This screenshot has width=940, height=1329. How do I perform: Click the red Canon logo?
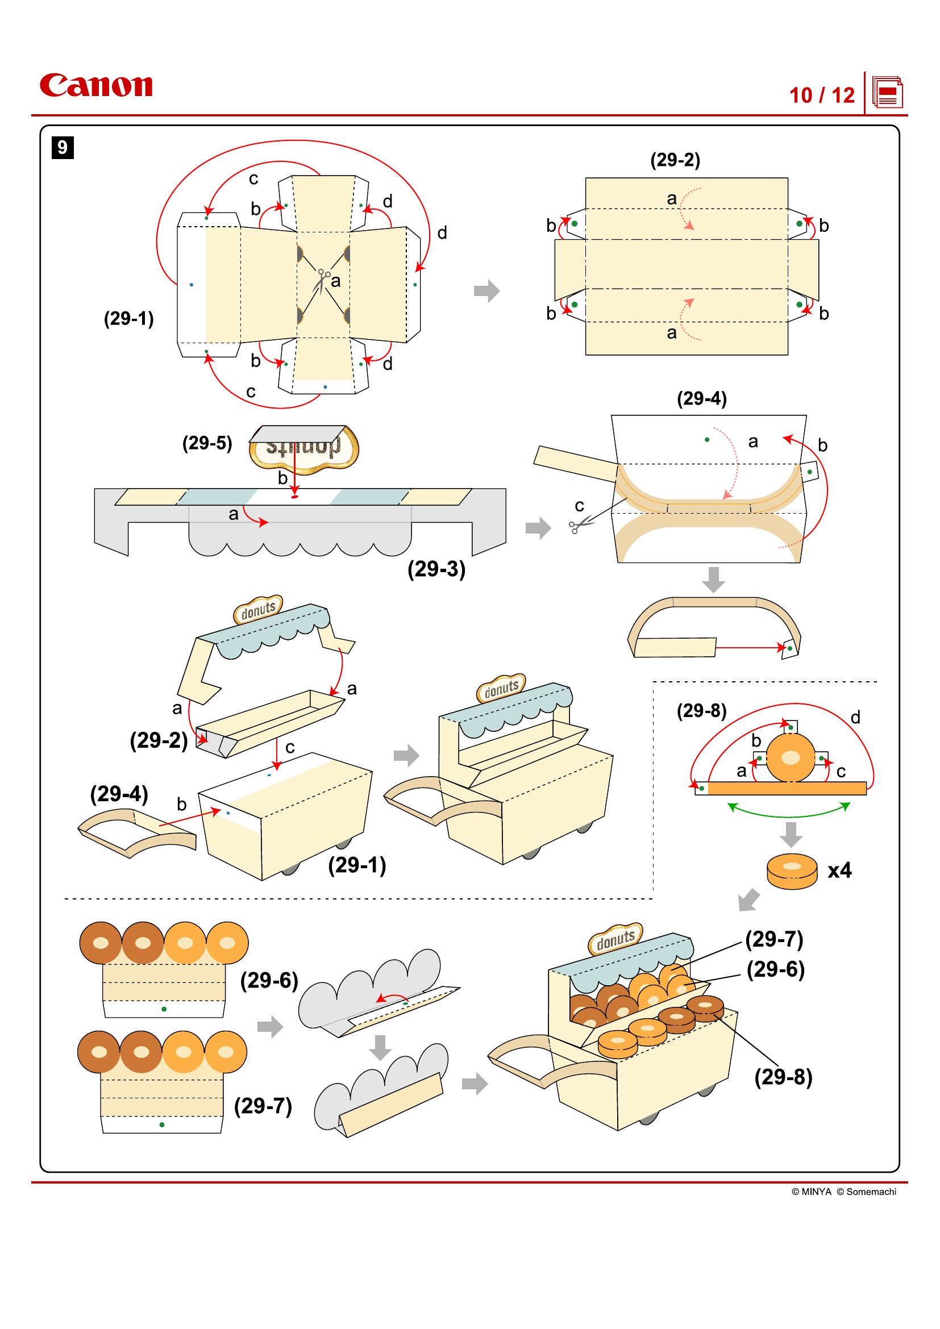point(96,85)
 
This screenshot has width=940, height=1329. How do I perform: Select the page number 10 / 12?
point(821,95)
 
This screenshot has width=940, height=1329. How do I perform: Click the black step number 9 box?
point(63,148)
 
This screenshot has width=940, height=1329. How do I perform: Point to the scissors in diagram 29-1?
point(322,280)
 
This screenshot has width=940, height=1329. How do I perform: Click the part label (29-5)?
point(207,443)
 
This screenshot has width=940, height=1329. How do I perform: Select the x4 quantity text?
point(839,870)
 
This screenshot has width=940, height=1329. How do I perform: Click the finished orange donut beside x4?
point(791,872)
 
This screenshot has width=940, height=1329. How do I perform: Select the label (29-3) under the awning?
point(436,569)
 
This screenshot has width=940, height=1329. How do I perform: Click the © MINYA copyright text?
point(811,1191)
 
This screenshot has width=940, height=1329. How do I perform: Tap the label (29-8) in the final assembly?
point(783,1077)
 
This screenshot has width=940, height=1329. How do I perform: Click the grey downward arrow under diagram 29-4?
point(713,580)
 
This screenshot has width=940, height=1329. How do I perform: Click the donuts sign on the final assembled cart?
point(615,939)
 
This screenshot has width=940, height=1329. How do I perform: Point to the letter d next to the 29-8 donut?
point(855,718)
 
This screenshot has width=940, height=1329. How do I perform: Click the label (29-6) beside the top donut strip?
point(269,981)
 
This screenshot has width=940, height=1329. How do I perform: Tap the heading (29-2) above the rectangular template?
point(675,160)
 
